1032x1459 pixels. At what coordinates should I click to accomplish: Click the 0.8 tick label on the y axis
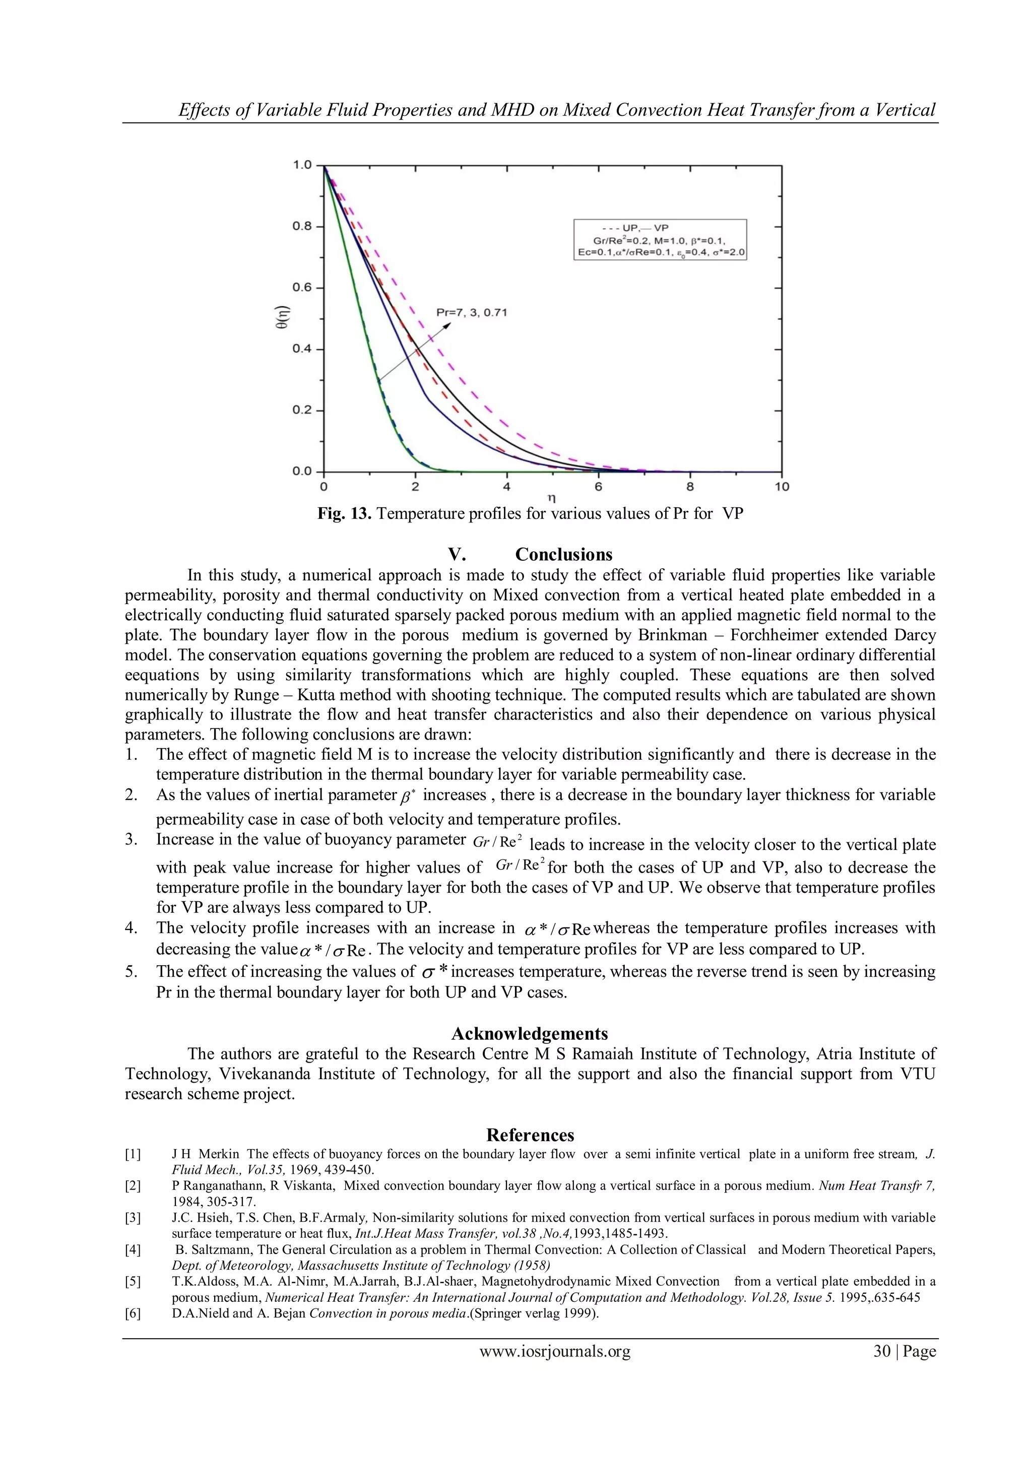302,226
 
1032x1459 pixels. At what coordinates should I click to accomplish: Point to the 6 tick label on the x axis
598,487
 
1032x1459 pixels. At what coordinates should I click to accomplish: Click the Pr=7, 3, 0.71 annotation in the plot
472,313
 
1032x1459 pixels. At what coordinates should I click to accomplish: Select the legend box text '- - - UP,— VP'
635,228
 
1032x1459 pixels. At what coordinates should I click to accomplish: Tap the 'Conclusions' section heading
564,555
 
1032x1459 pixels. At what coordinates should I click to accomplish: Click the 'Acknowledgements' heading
529,1034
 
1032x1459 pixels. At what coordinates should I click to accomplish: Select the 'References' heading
530,1136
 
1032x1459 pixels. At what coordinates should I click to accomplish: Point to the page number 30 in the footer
882,1351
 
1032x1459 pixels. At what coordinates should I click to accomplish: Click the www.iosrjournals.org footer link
555,1351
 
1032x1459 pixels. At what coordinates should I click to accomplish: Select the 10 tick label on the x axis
782,487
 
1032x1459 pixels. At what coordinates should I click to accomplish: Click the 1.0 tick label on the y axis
302,165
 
